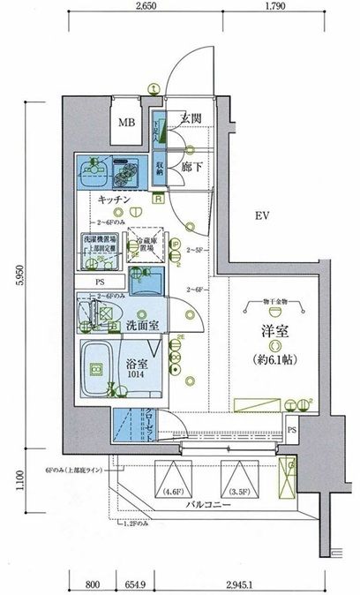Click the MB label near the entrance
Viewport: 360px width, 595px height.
tap(128, 122)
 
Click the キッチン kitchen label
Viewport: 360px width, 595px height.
tap(116, 200)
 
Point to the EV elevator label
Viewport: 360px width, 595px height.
tap(263, 215)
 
